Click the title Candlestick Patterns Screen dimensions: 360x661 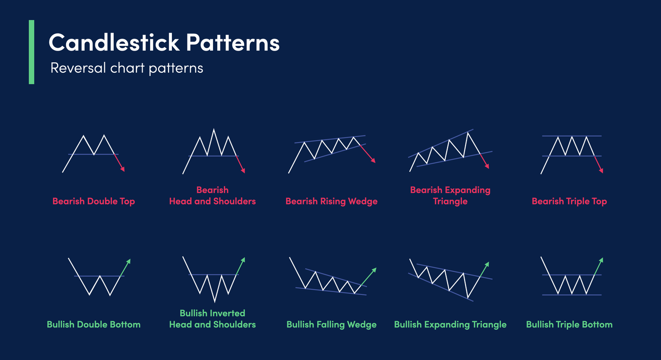coord(164,43)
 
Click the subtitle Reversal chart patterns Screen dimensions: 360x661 coord(127,68)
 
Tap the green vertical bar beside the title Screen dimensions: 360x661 coord(32,52)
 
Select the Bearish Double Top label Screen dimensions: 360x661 coord(93,201)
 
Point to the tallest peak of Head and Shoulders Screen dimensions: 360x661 coord(214,129)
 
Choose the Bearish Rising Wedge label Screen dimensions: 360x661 coord(331,201)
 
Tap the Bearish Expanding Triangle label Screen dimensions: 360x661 coord(450,196)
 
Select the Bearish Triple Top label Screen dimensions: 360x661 coord(569,201)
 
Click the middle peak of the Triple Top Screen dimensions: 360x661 coord(572,137)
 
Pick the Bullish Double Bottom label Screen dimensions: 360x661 coord(93,325)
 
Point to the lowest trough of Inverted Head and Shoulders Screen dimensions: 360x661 coord(214,301)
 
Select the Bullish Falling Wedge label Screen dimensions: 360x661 coord(331,325)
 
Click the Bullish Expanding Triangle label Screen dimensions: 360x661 coord(450,325)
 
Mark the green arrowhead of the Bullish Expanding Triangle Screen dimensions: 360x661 coord(488,264)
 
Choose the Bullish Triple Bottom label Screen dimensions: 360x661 coord(569,325)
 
